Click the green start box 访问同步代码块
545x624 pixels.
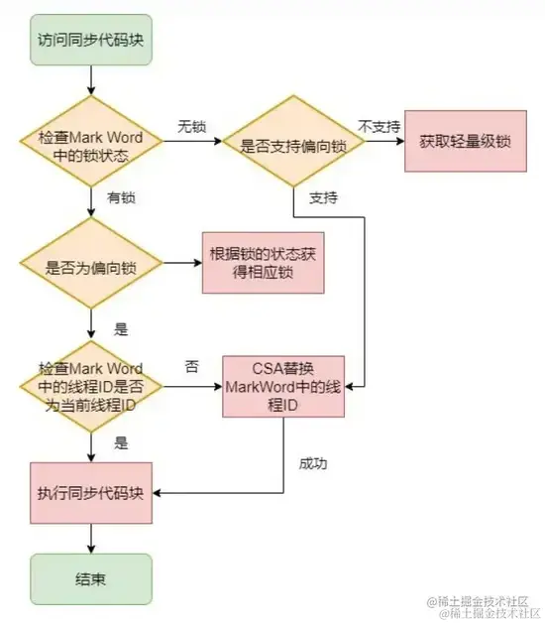point(91,40)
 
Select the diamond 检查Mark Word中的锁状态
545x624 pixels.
point(91,141)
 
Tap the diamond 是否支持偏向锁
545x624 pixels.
point(293,141)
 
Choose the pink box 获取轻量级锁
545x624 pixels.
point(466,141)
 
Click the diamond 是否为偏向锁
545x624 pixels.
point(91,263)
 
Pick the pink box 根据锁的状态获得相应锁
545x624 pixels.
point(264,263)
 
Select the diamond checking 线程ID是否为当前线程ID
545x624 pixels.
point(91,387)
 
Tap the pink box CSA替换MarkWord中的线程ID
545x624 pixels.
point(283,387)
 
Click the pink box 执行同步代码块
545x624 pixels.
point(91,493)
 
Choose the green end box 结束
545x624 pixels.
point(91,579)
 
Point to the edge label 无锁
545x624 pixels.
point(191,127)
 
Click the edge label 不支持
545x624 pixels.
point(380,127)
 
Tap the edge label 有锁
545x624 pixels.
point(121,197)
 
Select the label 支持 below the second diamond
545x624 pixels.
point(324,197)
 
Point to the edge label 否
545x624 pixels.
point(191,366)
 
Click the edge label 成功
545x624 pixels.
point(313,463)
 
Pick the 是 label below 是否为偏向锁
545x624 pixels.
point(121,329)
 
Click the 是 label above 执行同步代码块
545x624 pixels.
point(121,442)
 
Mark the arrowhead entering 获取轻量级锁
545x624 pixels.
point(400,141)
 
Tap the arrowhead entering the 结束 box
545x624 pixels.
point(91,550)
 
